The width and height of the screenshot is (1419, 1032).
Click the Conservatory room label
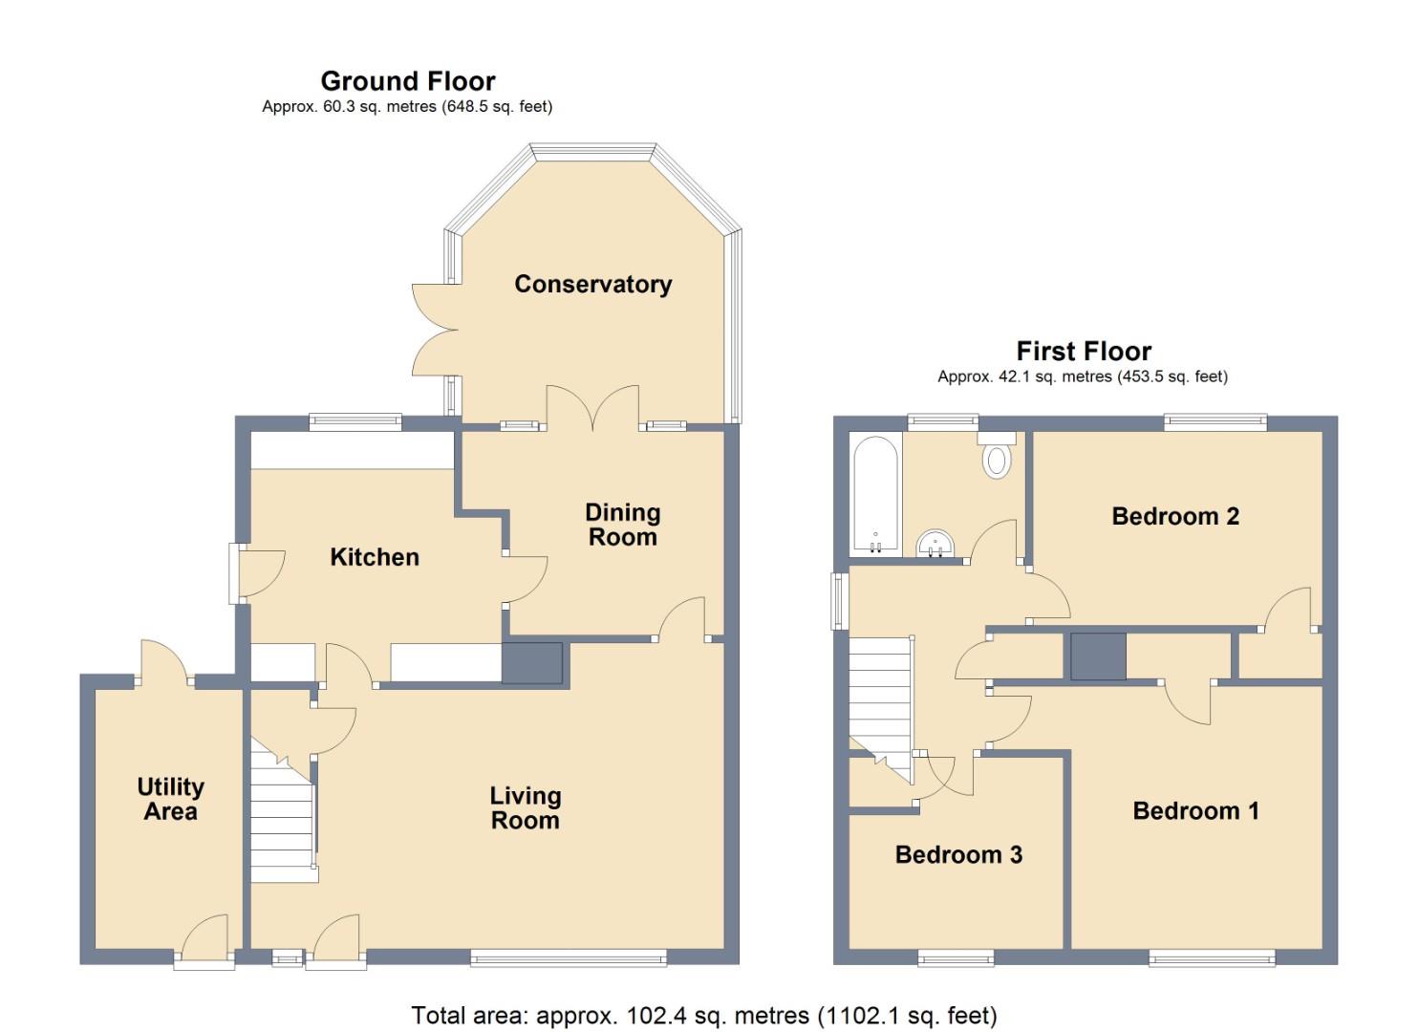click(x=592, y=284)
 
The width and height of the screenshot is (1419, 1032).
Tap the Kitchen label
click(x=374, y=557)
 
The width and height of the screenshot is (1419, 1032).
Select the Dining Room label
click(x=622, y=525)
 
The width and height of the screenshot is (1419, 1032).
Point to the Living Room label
click(x=525, y=807)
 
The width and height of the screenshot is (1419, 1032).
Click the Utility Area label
click(x=170, y=799)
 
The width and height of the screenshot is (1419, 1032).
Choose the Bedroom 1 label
click(x=1195, y=811)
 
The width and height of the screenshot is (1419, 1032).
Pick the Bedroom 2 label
click(x=1175, y=516)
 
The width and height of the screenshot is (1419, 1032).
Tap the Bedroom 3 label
click(x=958, y=854)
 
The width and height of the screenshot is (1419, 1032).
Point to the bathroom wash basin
click(x=935, y=545)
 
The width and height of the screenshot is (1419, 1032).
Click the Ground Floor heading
click(x=408, y=81)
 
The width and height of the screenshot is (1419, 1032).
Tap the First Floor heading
click(x=1084, y=351)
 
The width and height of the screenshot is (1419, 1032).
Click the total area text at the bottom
click(x=704, y=1015)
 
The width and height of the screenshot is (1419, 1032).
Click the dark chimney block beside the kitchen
click(x=532, y=663)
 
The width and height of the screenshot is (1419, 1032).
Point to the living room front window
click(x=569, y=957)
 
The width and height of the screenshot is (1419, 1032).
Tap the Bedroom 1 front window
click(x=1212, y=957)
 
